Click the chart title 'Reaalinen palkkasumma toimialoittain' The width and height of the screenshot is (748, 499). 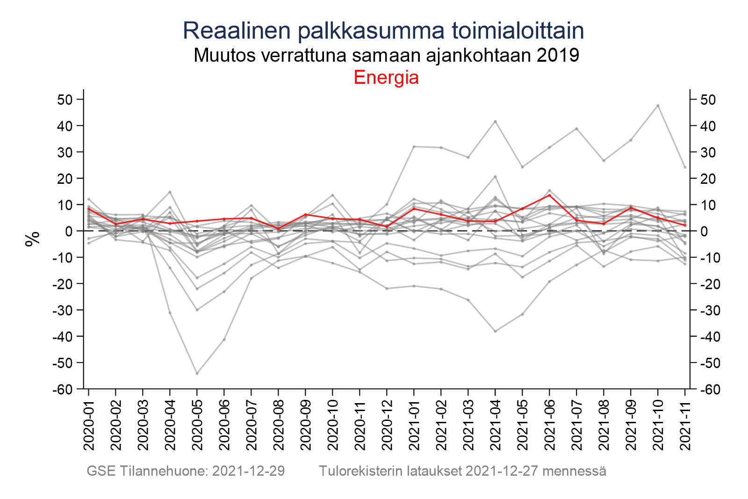383,31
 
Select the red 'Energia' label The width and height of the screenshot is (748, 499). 386,78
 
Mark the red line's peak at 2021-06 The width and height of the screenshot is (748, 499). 549,195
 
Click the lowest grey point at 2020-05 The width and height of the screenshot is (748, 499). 197,373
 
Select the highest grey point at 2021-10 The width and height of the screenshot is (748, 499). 658,106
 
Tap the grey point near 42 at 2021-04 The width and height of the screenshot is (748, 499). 495,122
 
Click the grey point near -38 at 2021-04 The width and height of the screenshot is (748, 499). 495,331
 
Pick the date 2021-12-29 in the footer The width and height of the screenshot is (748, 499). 248,471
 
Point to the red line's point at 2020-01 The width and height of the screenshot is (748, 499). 89,209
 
